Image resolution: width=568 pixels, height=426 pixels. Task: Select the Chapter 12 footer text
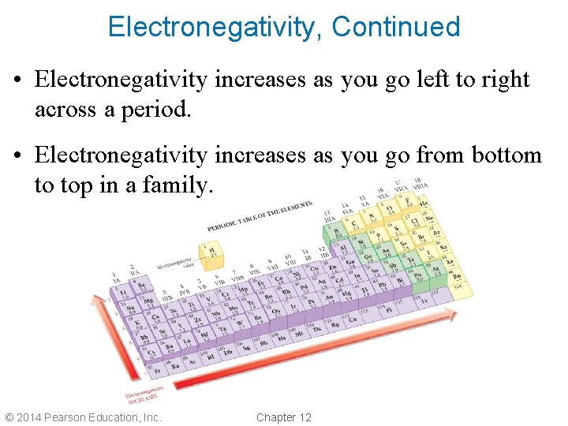284,417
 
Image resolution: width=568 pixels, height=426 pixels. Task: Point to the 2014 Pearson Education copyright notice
83,417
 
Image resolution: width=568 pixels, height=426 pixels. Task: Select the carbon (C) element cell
354,224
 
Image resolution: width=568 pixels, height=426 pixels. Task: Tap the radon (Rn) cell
455,276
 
